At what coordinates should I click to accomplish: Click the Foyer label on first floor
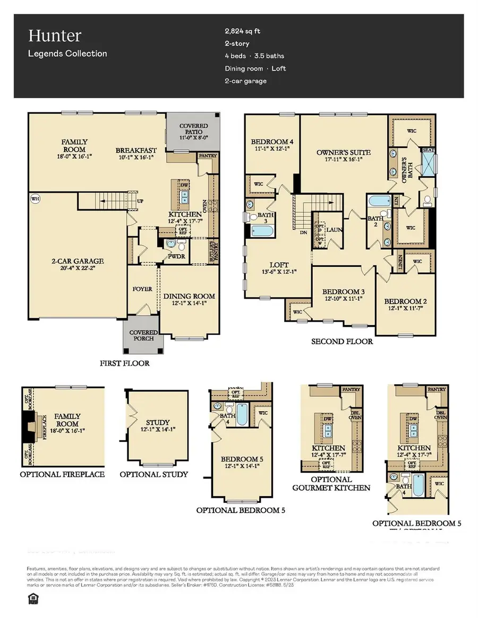(x=142, y=289)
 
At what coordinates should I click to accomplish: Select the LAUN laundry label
(x=334, y=230)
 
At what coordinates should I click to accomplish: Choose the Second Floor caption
(x=342, y=341)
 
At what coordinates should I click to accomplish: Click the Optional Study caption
(x=153, y=474)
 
